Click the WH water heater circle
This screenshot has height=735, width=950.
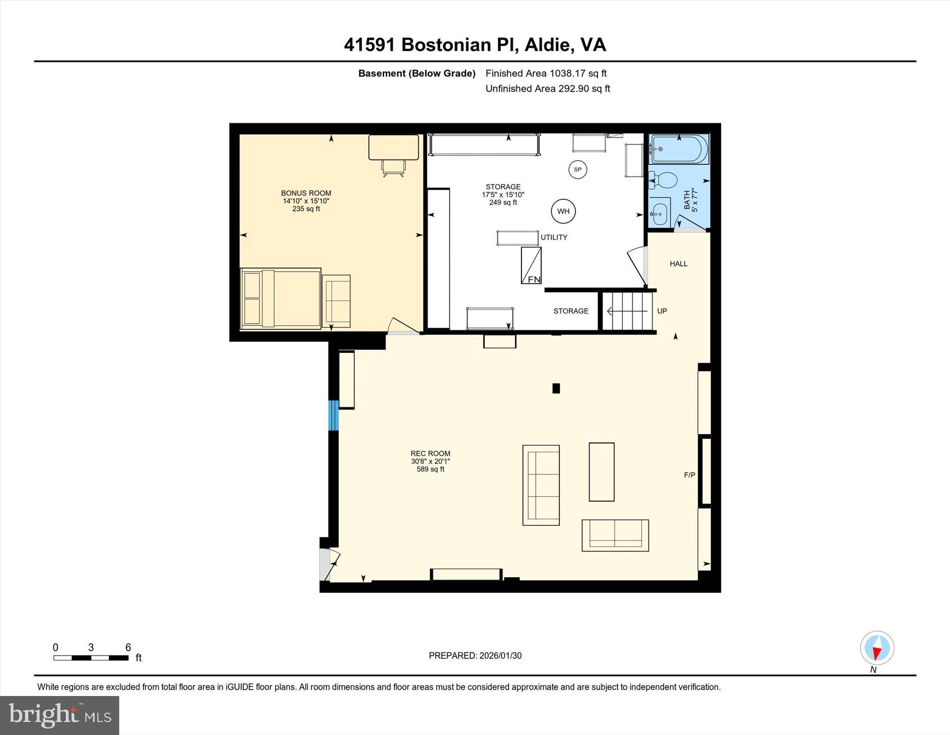[x=563, y=211]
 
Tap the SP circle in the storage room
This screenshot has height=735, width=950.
[x=578, y=169]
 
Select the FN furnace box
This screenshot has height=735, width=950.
[x=531, y=266]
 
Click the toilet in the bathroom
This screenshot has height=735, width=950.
[x=664, y=180]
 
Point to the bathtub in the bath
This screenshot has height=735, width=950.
[x=679, y=149]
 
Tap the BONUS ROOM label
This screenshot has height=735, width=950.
[x=306, y=193]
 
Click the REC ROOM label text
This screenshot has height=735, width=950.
[x=430, y=454]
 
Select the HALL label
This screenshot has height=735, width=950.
[x=678, y=264]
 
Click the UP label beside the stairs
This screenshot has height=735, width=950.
[x=662, y=311]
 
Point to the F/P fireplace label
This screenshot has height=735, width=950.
[x=689, y=475]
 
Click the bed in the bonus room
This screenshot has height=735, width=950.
[x=281, y=299]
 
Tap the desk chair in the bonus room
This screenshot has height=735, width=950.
[x=393, y=168]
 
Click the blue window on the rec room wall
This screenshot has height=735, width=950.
[x=333, y=415]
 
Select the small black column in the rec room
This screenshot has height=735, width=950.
[x=556, y=388]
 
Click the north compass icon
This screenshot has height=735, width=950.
[x=877, y=648]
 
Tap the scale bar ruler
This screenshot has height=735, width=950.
[x=91, y=657]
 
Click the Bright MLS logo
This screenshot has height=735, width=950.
[x=59, y=715]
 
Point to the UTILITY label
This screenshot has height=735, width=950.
[x=554, y=237]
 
